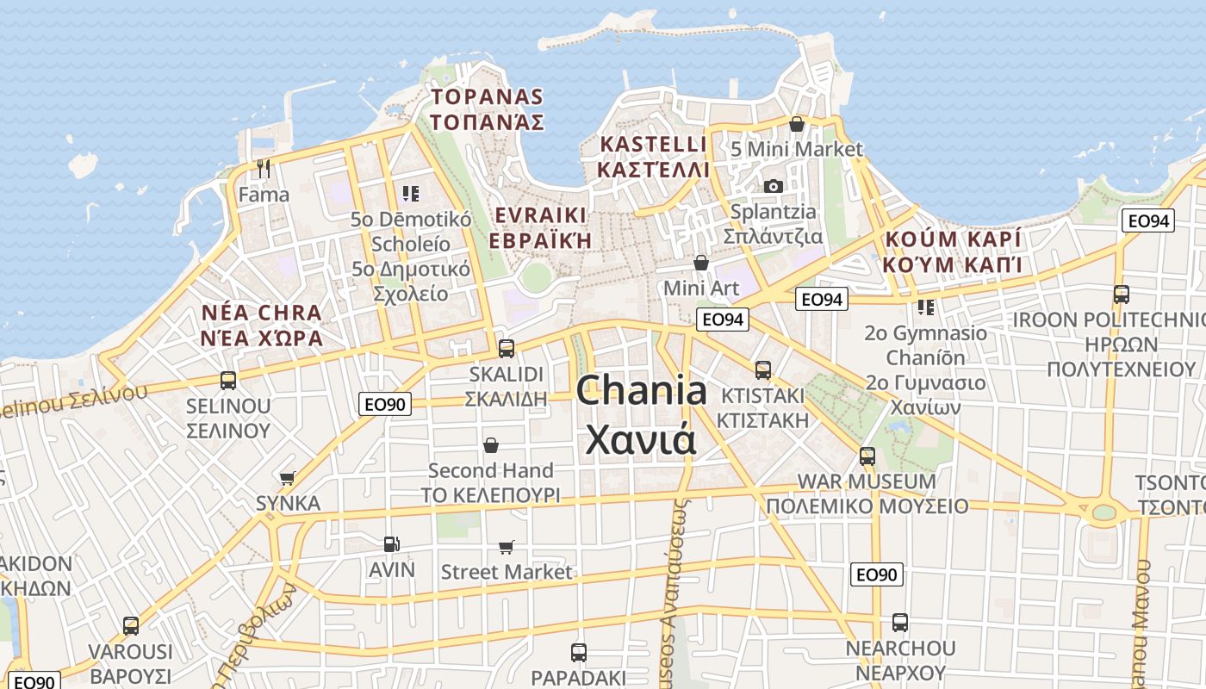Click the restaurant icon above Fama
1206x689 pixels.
coord(264,168)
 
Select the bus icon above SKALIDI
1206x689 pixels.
coord(507,349)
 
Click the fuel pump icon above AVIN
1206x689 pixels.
coord(391,543)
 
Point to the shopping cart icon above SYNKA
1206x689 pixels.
coord(288,477)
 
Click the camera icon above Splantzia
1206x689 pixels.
coord(773,186)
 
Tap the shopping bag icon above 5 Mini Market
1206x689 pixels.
coord(797,125)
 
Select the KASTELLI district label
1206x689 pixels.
coord(653,156)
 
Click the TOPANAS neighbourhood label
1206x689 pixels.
coord(487,109)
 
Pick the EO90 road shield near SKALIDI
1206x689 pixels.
coord(385,403)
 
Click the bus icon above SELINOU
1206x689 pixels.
coord(228,380)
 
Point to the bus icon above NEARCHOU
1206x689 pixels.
coord(900,622)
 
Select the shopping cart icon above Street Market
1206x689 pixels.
coord(507,547)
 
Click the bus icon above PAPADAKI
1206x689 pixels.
coord(579,652)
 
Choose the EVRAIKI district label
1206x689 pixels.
coord(540,227)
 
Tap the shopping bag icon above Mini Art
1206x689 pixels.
coord(701,262)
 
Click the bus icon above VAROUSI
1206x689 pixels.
coord(131,625)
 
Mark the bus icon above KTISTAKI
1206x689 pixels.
coord(762,370)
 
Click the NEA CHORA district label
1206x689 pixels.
coord(261,325)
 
